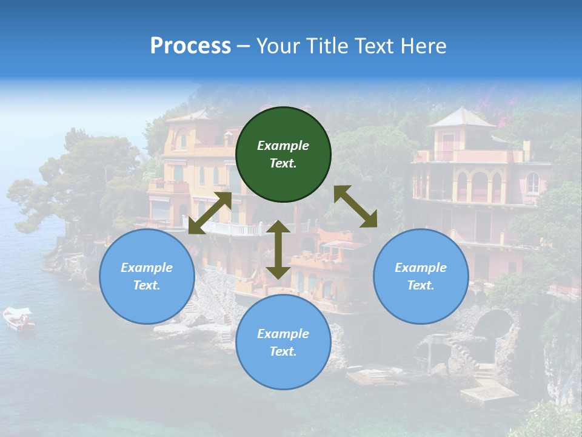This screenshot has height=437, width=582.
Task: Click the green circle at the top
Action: [x=283, y=155]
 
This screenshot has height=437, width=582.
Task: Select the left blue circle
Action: [x=147, y=277]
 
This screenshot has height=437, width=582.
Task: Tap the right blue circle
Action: [x=421, y=277]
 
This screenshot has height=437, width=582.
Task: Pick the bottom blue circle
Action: [x=283, y=342]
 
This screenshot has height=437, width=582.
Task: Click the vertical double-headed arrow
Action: [x=278, y=249]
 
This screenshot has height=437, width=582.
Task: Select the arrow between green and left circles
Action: [x=210, y=213]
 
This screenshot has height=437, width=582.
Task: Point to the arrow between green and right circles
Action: [x=355, y=206]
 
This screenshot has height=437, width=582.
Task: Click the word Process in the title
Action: [x=190, y=46]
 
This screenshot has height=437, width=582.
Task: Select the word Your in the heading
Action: [x=276, y=46]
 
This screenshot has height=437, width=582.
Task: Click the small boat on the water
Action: [x=19, y=319]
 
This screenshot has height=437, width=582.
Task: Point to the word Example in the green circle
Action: [x=283, y=146]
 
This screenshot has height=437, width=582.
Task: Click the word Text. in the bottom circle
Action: [x=283, y=351]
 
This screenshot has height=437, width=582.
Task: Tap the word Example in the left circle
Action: [x=147, y=268]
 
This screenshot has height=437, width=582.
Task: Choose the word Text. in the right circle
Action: [x=421, y=285]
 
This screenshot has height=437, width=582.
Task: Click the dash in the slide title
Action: [x=243, y=46]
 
